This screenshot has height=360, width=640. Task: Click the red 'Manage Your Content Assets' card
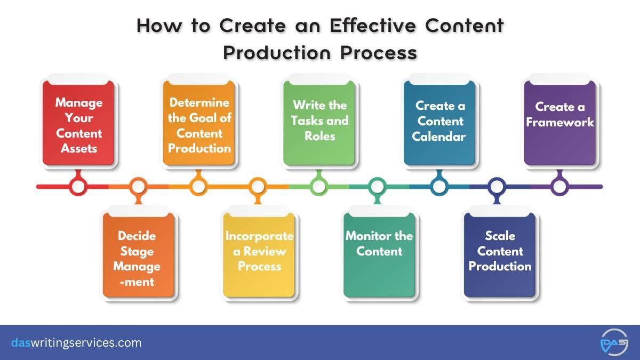pyautogui.click(x=78, y=123)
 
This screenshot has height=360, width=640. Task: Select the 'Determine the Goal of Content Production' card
pyautogui.click(x=199, y=123)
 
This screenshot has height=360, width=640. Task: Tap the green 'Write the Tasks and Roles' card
pyautogui.click(x=319, y=123)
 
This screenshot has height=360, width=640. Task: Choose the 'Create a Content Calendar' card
pyautogui.click(x=439, y=123)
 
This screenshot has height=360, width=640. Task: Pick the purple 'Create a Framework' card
pyautogui.click(x=560, y=123)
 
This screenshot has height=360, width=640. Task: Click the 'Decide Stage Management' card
pyautogui.click(x=139, y=255)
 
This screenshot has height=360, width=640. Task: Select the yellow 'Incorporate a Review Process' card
pyautogui.click(x=259, y=255)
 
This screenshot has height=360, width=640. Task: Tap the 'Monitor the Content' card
pyautogui.click(x=379, y=255)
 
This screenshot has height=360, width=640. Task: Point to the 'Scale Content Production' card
pyautogui.click(x=500, y=255)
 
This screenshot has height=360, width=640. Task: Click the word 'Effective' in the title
pyautogui.click(x=373, y=26)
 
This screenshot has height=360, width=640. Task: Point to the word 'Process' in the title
pyautogui.click(x=379, y=53)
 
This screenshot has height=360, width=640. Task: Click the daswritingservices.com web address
pyautogui.click(x=76, y=342)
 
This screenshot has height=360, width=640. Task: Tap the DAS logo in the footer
pyautogui.click(x=614, y=342)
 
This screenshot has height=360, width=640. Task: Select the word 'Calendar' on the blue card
pyautogui.click(x=439, y=137)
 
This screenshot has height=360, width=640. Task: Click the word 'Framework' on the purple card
pyautogui.click(x=560, y=122)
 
